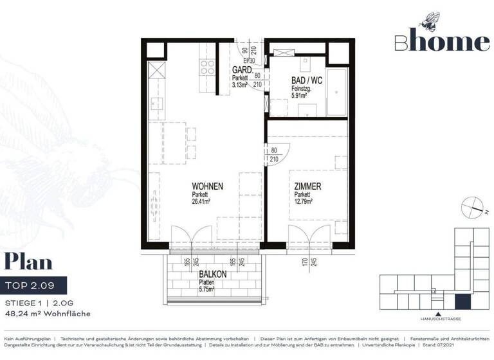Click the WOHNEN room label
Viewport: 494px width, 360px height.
click(x=207, y=186)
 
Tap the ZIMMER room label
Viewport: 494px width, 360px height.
click(x=308, y=186)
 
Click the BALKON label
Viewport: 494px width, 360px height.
click(x=212, y=273)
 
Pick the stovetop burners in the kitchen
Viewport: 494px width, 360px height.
click(x=207, y=66)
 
